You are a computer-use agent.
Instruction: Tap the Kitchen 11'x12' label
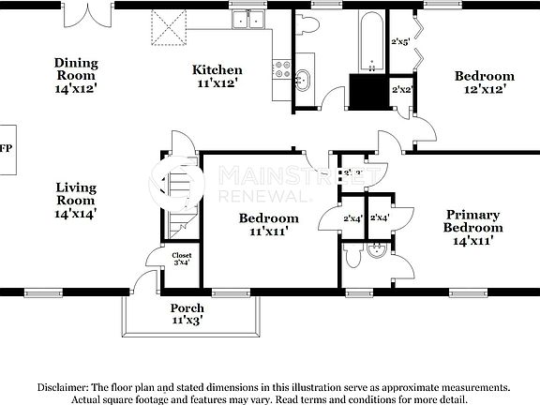click(217, 76)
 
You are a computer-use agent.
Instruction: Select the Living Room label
click(75, 200)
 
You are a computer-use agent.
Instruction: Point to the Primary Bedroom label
click(472, 227)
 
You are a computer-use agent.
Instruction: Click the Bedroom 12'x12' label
click(484, 82)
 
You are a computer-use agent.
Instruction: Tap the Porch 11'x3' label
click(187, 314)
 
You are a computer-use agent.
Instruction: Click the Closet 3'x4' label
click(181, 258)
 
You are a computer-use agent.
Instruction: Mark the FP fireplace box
click(7, 150)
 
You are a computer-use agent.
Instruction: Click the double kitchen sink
click(248, 20)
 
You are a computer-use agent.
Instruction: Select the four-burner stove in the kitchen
click(281, 67)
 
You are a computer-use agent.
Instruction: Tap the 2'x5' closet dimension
click(401, 42)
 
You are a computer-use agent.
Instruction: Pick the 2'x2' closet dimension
click(402, 90)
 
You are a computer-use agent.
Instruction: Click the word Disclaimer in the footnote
click(68, 386)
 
